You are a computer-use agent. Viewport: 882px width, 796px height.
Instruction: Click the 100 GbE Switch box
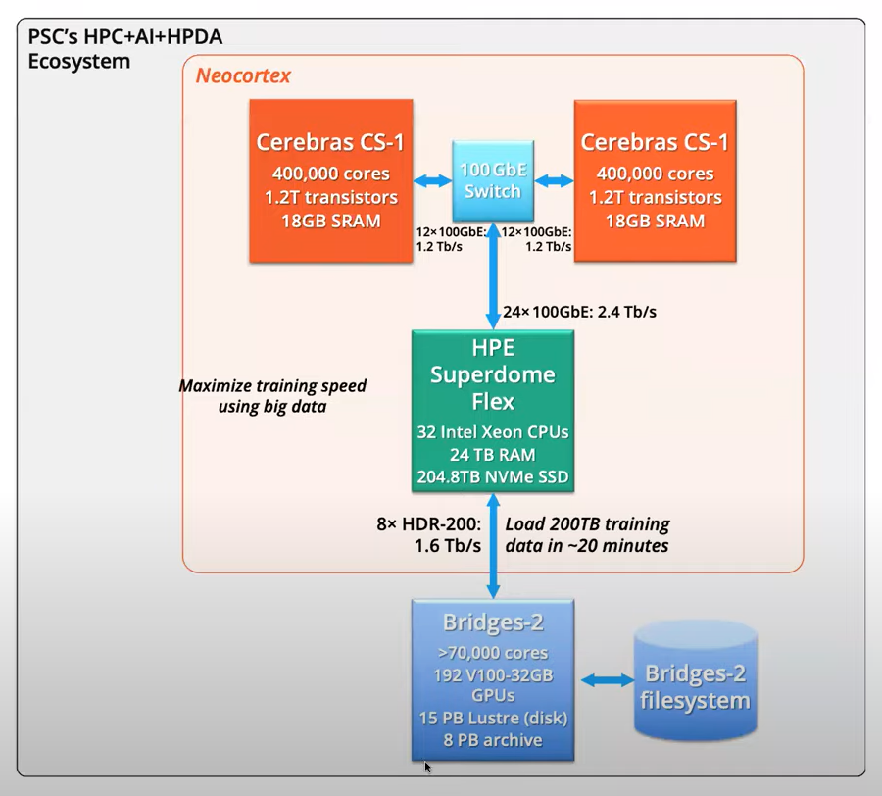[493, 180]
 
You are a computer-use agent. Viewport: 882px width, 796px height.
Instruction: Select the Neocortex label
[243, 75]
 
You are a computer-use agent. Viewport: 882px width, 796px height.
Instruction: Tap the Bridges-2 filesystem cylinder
[695, 679]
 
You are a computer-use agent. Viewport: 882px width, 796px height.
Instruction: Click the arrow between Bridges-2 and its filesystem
[607, 680]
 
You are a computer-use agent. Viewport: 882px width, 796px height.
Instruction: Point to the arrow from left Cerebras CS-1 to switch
[432, 180]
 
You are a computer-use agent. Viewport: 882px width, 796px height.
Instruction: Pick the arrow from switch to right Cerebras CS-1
[554, 180]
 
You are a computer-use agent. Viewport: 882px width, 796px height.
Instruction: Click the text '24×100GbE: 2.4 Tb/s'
[579, 312]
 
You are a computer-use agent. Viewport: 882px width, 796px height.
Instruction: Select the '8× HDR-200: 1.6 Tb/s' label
[429, 534]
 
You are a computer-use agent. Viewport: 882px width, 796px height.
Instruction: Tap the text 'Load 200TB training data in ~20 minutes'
[587, 534]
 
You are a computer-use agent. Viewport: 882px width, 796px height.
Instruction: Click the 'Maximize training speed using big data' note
[272, 395]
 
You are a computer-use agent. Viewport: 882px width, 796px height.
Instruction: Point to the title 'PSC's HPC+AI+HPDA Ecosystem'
[124, 48]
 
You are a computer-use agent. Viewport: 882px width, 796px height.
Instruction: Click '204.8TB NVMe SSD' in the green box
[493, 476]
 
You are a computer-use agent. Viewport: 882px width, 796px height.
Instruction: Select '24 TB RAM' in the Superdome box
[493, 455]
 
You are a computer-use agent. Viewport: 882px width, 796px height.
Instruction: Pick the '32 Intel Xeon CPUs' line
[493, 432]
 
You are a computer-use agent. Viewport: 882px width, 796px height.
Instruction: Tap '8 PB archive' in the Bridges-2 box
[493, 740]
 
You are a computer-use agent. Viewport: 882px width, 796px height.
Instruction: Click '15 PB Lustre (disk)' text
[493, 718]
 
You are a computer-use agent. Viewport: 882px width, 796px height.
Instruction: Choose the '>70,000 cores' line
[493, 653]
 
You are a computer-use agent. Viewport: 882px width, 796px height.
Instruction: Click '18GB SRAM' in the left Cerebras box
[331, 221]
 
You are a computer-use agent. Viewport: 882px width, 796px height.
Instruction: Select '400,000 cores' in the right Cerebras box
[655, 174]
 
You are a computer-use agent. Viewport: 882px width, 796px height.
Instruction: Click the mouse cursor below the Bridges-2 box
[427, 768]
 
